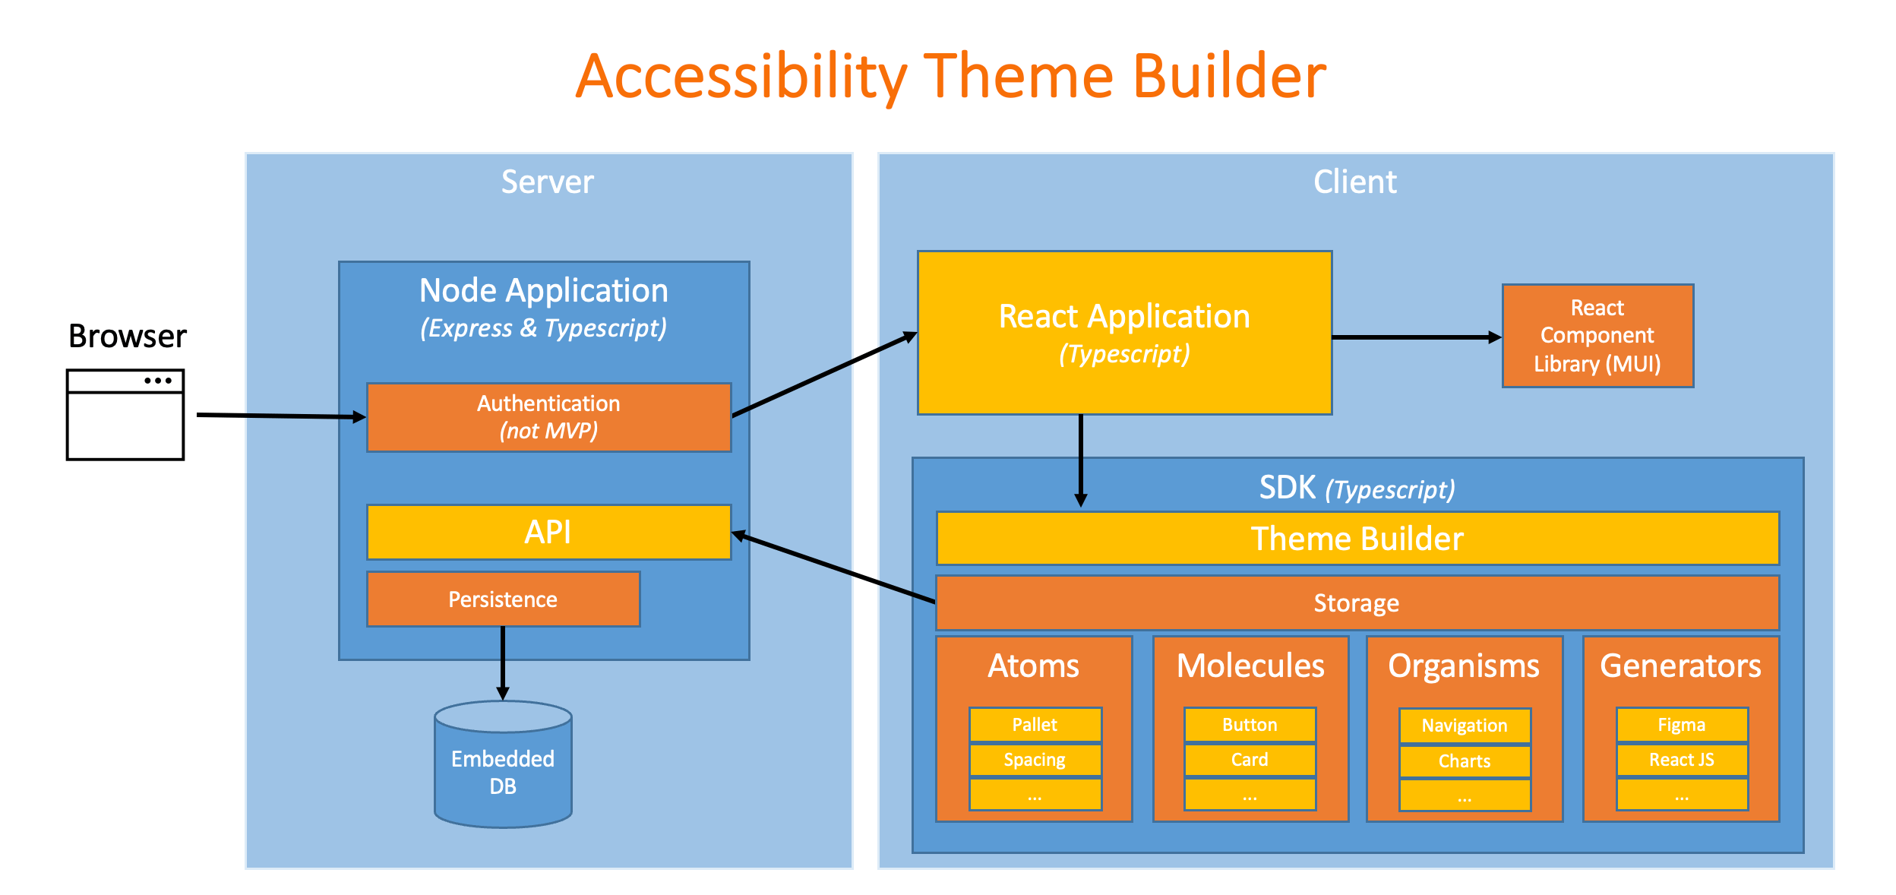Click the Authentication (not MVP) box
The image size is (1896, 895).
pos(548,417)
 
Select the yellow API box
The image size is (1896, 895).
pos(548,532)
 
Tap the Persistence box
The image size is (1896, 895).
pos(503,599)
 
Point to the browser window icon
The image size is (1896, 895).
pos(125,415)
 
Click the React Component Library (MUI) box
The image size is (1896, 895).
pos(1597,336)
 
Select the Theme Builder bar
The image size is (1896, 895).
pos(1357,539)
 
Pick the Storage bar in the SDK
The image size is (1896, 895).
pos(1357,603)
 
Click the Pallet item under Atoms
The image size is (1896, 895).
pos(1035,725)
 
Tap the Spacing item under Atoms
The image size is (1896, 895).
pos(1035,760)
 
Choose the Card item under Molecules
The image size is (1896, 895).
pos(1250,760)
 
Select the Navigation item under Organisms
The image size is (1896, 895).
pos(1465,726)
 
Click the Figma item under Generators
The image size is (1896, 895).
pos(1682,725)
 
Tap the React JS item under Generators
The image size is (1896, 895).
pos(1682,760)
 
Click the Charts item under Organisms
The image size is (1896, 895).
pos(1465,761)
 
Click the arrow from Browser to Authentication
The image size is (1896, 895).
pos(281,416)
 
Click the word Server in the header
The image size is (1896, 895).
pos(548,182)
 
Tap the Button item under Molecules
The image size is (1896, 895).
pos(1250,725)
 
